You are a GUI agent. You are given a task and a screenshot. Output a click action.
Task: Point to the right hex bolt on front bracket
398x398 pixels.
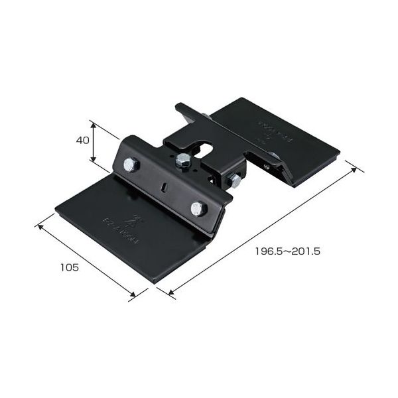[x=198, y=209]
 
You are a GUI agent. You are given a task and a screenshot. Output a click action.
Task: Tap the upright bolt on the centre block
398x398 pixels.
[x=180, y=159]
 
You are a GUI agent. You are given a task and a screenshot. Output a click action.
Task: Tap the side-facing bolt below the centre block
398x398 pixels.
[x=235, y=180]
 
